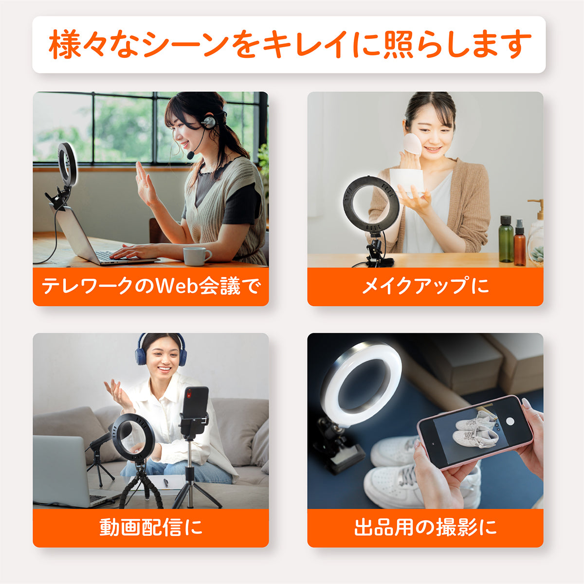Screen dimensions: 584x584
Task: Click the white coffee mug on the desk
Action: click(196, 256)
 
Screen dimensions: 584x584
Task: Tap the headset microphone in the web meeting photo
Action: click(191, 154)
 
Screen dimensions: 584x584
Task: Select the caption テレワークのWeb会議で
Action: click(150, 286)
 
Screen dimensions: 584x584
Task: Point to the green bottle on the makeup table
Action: click(506, 239)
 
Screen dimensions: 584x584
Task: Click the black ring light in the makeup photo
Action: click(372, 204)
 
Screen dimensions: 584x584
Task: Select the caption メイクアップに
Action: click(425, 286)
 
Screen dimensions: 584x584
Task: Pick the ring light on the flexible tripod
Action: click(133, 438)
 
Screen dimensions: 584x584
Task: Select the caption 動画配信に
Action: click(150, 528)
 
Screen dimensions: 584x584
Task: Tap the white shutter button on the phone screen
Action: click(510, 421)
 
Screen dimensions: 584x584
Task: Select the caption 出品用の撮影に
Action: click(425, 528)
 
